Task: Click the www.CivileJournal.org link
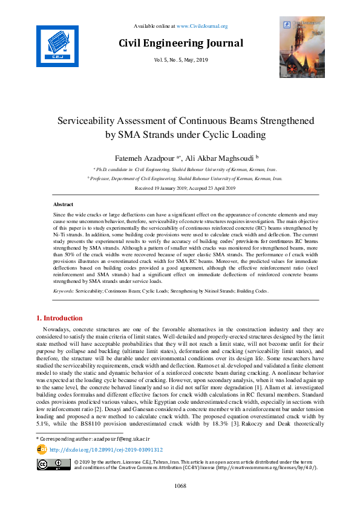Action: (201, 26)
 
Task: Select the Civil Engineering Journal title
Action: (180, 43)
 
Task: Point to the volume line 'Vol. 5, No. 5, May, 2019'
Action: (180, 59)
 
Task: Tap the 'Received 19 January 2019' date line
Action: (180, 188)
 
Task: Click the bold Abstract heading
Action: (64, 205)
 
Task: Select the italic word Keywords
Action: (63, 291)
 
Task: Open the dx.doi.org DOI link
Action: (106, 450)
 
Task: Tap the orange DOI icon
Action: (42, 450)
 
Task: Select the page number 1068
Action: (180, 485)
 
